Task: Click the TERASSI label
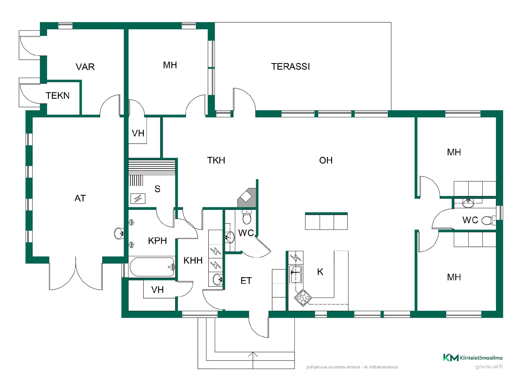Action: pos(290,67)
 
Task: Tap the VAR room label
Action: pos(85,67)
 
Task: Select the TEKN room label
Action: pos(58,96)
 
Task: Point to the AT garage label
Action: pos(80,198)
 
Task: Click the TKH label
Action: pos(216,160)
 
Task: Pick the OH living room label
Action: pos(326,160)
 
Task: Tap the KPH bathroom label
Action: pos(157,241)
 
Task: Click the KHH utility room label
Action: pos(193,261)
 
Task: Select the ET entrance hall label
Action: pos(246,281)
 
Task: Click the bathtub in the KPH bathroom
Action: pos(152,267)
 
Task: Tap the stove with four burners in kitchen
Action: pos(303,298)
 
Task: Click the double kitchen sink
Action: pos(296,274)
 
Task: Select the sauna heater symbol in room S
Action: pos(138,198)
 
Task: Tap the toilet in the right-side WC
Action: pos(489,220)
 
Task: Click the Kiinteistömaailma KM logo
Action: pos(473,358)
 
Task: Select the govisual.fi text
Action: pos(489,367)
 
